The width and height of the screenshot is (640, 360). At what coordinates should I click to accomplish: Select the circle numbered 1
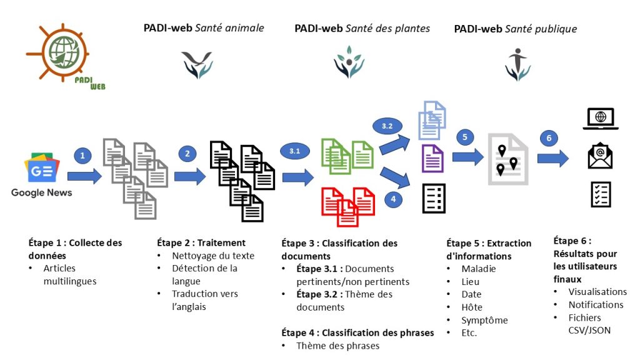point(83,155)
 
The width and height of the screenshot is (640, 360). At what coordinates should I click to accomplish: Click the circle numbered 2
point(187,154)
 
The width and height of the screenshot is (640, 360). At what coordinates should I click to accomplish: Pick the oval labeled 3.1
point(295,151)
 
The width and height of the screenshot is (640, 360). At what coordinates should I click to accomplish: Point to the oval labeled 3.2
point(387,126)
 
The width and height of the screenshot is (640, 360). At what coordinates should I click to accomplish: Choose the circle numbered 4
point(393,199)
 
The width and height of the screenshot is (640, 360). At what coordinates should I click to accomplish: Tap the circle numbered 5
point(464,137)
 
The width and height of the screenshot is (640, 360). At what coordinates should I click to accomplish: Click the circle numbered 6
point(549,138)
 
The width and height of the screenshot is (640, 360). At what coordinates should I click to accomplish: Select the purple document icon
point(432,158)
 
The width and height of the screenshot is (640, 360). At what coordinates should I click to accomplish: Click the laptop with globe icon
point(601,119)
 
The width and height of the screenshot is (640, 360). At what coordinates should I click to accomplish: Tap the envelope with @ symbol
point(600,156)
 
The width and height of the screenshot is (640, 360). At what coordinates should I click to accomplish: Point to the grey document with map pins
point(508,159)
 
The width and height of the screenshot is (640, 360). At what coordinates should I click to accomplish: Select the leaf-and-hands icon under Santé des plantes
point(349,62)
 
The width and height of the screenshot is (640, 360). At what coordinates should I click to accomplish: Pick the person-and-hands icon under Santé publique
point(517,64)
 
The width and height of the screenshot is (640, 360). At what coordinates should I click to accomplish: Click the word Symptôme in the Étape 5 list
point(484,321)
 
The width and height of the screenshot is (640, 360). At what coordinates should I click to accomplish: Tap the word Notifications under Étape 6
point(596,305)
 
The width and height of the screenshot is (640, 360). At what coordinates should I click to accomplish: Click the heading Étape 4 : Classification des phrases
point(357,333)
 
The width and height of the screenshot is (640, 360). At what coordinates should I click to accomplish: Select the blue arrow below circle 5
point(467,157)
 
